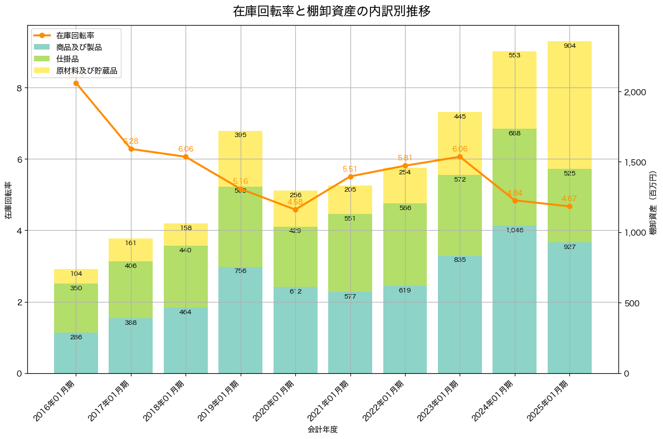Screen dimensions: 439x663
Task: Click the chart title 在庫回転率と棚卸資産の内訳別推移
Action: (x=331, y=11)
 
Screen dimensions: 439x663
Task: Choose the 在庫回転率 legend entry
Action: (x=75, y=36)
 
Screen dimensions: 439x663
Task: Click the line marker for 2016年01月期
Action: (x=76, y=83)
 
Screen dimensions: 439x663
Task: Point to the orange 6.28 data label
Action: (x=130, y=141)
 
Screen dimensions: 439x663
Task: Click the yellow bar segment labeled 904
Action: (x=569, y=106)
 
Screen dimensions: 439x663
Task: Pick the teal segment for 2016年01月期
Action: (x=76, y=353)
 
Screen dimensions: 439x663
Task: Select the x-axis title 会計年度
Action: (x=323, y=430)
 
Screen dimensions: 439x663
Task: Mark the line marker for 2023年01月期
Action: (x=460, y=157)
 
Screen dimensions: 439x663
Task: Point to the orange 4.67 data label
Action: (x=569, y=198)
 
